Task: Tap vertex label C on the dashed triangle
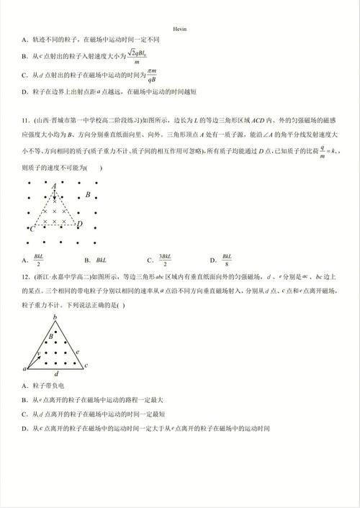(31, 228)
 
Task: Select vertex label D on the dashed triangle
(79, 224)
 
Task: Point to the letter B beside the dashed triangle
(88, 195)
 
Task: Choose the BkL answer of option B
(101, 259)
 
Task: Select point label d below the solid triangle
(57, 374)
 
